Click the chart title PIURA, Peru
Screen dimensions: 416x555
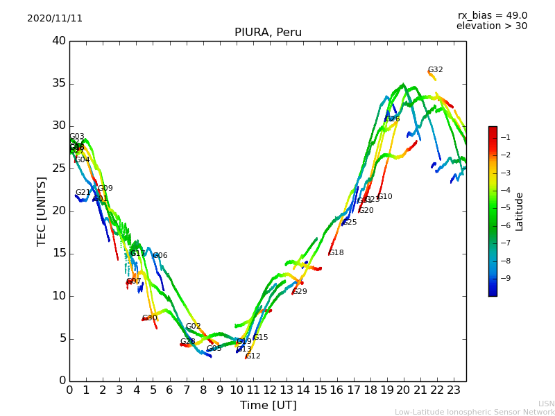pos(267,33)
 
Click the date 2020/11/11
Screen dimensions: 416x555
pos(55,19)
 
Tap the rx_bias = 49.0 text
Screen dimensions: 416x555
pos(492,16)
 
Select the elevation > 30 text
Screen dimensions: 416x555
pos(491,26)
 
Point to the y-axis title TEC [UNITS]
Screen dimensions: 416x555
pos(42,211)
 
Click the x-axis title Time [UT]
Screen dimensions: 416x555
pos(268,406)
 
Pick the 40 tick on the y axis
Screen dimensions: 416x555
pos(59,41)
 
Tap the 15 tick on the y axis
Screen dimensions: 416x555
pos(59,254)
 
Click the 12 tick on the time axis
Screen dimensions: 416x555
pos(270,390)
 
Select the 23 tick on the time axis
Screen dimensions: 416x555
pos(454,390)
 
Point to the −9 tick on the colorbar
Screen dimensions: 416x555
pos(506,279)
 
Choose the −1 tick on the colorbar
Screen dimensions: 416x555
pos(506,137)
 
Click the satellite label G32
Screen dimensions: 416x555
pos(435,70)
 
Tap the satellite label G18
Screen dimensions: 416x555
pos(336,253)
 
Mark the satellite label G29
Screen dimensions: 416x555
pos(300,292)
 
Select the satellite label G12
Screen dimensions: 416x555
pos(253,356)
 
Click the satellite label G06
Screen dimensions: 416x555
pos(160,256)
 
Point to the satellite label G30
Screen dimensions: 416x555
pos(150,318)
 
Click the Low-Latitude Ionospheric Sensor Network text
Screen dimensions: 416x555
pos(475,413)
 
